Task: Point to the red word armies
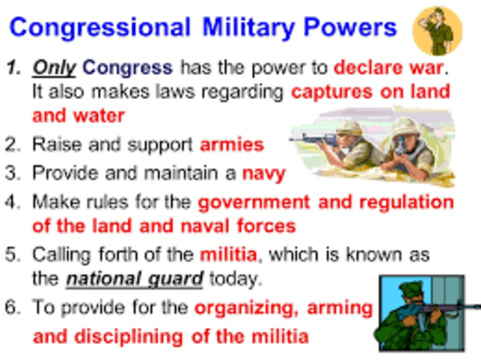tap(231, 144)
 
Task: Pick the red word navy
tap(263, 174)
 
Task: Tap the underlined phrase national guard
tap(135, 279)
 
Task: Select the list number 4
tap(14, 203)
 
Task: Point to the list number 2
tap(14, 144)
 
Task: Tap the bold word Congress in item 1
tap(128, 68)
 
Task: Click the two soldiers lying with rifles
tap(376, 147)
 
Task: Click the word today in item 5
tap(234, 279)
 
